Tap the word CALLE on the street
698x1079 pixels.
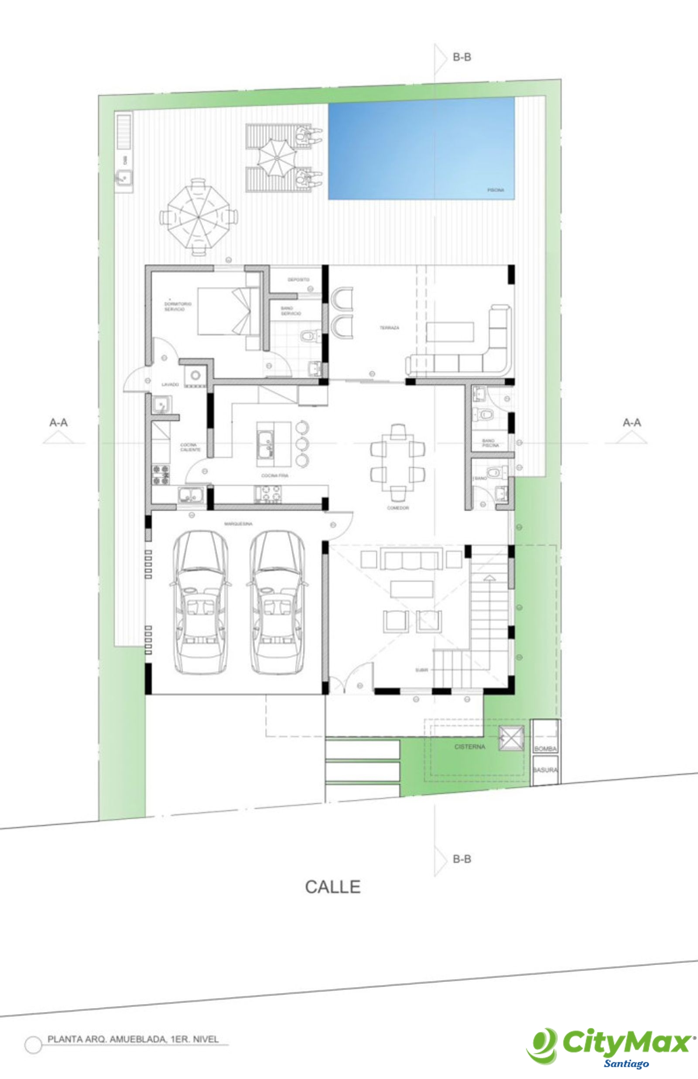coord(333,887)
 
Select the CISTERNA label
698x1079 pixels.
coord(469,747)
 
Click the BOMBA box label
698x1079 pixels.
coord(545,749)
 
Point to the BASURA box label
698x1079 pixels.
coord(545,770)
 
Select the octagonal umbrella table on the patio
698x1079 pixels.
coord(198,217)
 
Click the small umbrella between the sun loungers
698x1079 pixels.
coord(277,157)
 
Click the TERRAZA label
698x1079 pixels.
coord(389,328)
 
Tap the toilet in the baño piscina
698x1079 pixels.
coord(483,413)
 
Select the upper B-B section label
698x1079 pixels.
coord(462,58)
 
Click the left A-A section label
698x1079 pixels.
coord(58,423)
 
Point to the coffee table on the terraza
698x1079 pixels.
coord(450,332)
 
